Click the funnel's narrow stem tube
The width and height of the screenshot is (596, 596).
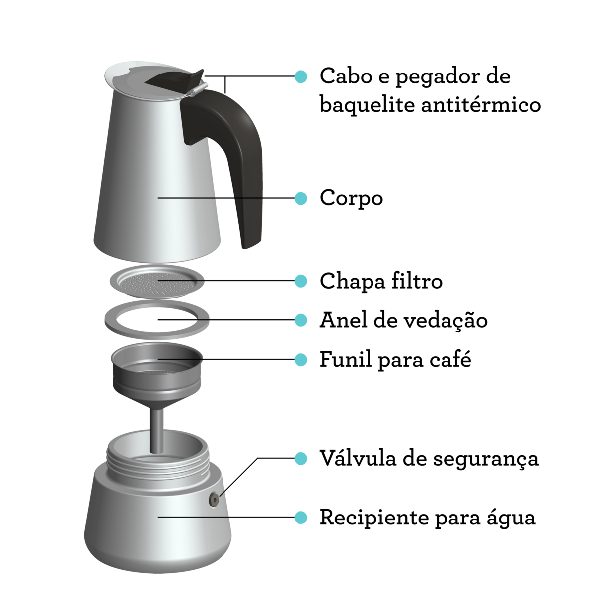[x=157, y=427]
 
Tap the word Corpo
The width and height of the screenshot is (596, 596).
[x=351, y=198]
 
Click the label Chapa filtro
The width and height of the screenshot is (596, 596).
[x=381, y=281]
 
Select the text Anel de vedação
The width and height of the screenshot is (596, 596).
[x=403, y=320]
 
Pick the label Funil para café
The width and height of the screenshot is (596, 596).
[x=395, y=359]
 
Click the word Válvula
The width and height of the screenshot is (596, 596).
[x=358, y=458]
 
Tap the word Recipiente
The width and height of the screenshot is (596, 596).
[x=374, y=518]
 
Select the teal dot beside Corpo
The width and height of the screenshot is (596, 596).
[x=300, y=198]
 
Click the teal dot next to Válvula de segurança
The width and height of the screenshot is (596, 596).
[x=300, y=458]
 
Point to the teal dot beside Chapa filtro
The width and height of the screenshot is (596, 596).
[x=300, y=281]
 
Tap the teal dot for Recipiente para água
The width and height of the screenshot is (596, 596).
[x=300, y=517]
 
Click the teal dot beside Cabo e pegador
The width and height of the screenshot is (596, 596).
[x=300, y=76]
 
